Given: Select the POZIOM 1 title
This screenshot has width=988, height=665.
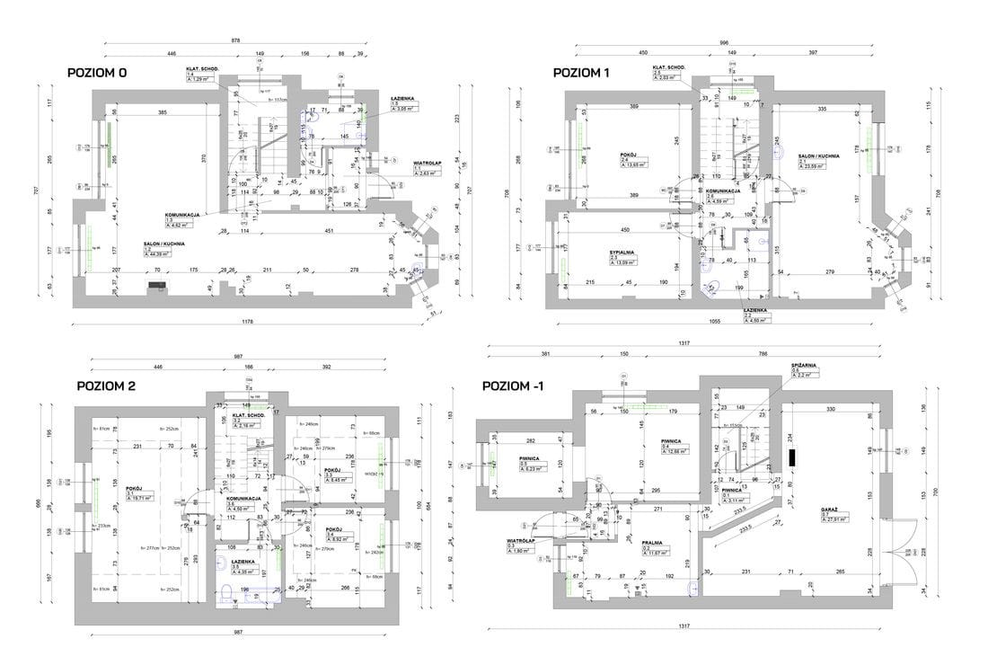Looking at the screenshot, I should point(582,73).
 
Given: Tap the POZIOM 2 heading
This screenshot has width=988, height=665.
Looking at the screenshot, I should point(106,386).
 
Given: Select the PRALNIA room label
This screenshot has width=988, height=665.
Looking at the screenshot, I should point(653,543).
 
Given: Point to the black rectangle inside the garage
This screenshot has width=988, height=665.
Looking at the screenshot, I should point(792,457).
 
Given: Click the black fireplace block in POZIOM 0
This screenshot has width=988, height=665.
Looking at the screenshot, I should point(159,287).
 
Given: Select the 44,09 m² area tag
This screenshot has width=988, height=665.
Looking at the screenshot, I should point(161,254).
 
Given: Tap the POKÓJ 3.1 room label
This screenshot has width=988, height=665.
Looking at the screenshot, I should point(136,485).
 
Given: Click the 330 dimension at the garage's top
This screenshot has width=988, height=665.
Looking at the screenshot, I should point(831,409).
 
